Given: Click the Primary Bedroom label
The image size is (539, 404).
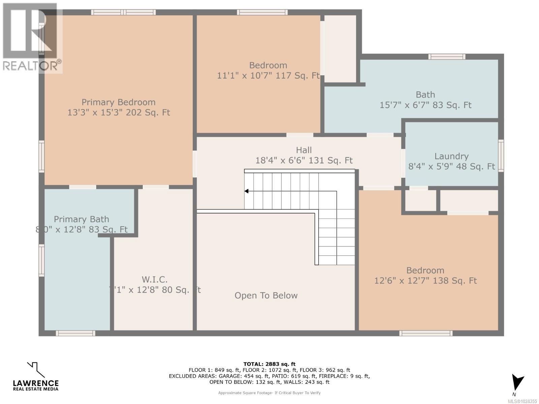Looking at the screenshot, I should click(x=119, y=102).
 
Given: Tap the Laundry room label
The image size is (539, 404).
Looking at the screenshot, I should click(x=451, y=156).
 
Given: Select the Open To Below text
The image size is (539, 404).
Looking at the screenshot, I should click(x=266, y=296).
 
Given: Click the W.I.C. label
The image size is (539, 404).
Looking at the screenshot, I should click(x=155, y=279).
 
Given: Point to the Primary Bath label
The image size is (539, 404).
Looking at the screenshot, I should click(x=82, y=219).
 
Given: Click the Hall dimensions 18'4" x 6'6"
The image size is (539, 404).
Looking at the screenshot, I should click(x=304, y=160).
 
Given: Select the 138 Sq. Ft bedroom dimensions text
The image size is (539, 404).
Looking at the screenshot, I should click(x=425, y=280).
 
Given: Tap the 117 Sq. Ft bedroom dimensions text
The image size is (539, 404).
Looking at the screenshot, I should click(x=268, y=76).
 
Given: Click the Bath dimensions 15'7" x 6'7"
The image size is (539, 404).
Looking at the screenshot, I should click(x=425, y=105).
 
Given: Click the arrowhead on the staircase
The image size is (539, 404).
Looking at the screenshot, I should click(x=247, y=191).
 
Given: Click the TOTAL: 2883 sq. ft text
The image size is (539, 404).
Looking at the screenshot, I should click(x=269, y=364).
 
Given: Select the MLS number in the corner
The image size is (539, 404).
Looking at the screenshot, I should click(x=522, y=401).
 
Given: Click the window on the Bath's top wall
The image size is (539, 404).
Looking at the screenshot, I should click(x=447, y=57).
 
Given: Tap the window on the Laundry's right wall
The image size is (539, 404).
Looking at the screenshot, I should click(x=501, y=156).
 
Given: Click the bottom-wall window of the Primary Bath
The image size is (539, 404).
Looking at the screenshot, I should click(x=75, y=333).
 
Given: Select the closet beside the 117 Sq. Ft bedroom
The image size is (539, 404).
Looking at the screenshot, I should click(x=340, y=48).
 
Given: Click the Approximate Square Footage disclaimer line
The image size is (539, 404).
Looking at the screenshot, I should click(x=269, y=393).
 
